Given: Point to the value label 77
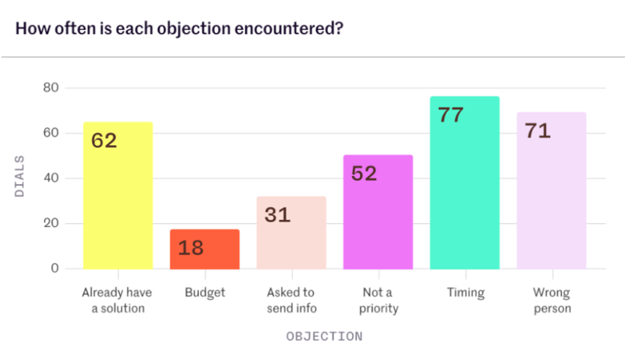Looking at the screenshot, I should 451,115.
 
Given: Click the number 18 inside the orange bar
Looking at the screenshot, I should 191,248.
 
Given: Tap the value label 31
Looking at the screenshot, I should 277,215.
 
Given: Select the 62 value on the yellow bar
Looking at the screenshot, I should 104,141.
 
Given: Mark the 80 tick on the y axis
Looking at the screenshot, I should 51,88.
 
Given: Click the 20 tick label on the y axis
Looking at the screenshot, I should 51,223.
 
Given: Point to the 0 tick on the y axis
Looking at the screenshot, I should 55,268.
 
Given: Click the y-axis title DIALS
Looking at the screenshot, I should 20,176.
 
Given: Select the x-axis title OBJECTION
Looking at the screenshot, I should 324,337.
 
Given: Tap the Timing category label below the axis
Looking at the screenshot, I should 465,293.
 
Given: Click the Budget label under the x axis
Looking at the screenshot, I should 205,293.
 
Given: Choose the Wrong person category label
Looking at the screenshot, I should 552,300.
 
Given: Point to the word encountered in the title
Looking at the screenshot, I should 289,29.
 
